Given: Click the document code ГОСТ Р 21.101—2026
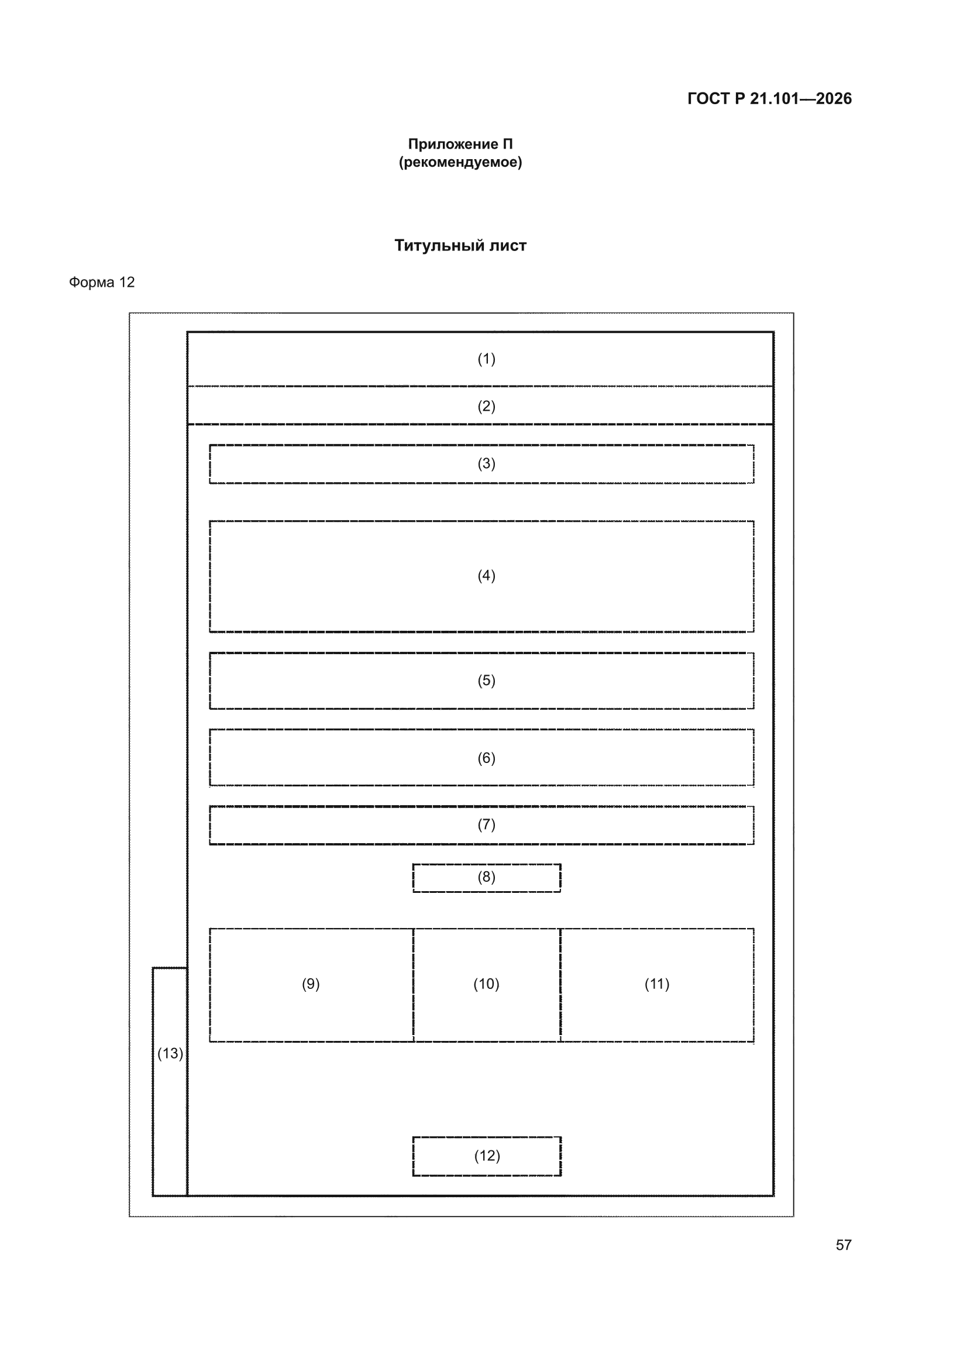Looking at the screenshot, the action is tap(769, 98).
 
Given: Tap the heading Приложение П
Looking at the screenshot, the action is tap(460, 143).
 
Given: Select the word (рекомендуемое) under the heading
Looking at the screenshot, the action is tap(460, 162).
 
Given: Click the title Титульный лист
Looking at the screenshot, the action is tap(460, 245).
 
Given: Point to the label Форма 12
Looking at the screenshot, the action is tap(102, 282).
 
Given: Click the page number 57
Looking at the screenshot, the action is tap(844, 1245).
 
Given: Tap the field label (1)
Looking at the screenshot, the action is tap(486, 359).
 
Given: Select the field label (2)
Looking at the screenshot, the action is tap(486, 406).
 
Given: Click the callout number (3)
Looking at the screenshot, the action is tap(486, 463).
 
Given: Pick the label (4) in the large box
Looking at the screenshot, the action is tap(486, 576).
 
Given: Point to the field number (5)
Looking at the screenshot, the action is tap(486, 680).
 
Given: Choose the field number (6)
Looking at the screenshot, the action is tap(486, 758).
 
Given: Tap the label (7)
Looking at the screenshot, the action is tap(486, 824).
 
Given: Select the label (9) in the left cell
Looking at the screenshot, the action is tap(311, 984).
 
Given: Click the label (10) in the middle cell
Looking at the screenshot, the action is tap(486, 984).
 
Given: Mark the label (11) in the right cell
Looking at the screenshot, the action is tap(656, 984).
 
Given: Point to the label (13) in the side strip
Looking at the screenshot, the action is tap(170, 1053).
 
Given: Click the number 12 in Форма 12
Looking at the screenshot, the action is tap(127, 282).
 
